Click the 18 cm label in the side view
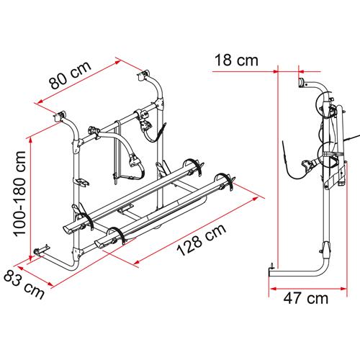coord(236,61)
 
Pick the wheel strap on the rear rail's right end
coord(192,164)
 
